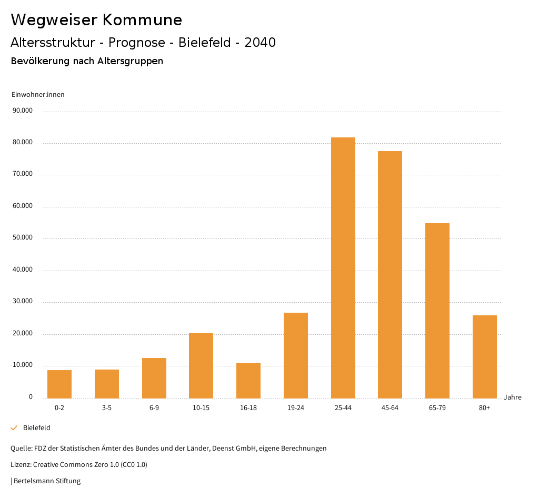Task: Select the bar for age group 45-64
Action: pyautogui.click(x=390, y=274)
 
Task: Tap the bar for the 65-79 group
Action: pyautogui.click(x=437, y=311)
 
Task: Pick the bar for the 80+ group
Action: pyautogui.click(x=484, y=356)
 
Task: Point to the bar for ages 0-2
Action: pyautogui.click(x=59, y=384)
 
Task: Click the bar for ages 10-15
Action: pyautogui.click(x=201, y=365)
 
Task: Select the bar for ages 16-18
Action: pyautogui.click(x=248, y=381)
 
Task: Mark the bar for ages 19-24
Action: pyautogui.click(x=296, y=355)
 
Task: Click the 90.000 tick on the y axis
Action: pyautogui.click(x=23, y=111)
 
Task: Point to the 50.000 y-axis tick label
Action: pyautogui.click(x=23, y=237)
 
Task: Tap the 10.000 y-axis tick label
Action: pyautogui.click(x=23, y=365)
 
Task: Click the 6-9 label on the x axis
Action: pyautogui.click(x=154, y=408)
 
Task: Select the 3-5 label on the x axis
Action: pyautogui.click(x=107, y=408)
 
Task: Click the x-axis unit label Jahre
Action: pyautogui.click(x=512, y=397)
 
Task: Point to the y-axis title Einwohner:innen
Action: pyautogui.click(x=38, y=95)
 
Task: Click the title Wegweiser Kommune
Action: pyautogui.click(x=96, y=20)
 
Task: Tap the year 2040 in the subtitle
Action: pyautogui.click(x=260, y=43)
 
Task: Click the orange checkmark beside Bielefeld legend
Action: pyautogui.click(x=14, y=428)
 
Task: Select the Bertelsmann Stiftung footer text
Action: pyautogui.click(x=46, y=481)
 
